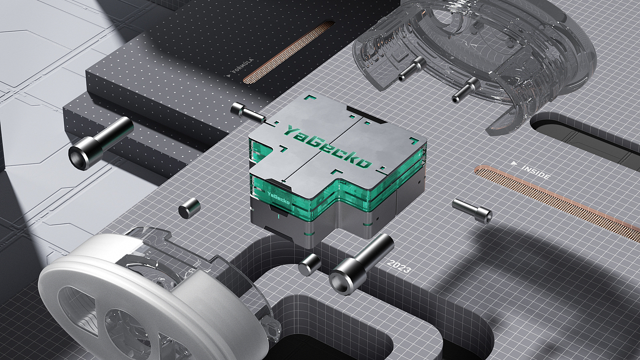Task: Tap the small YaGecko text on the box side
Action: (x=278, y=198)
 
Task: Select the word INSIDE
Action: (x=536, y=171)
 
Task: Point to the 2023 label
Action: (x=399, y=266)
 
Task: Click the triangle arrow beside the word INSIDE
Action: (x=514, y=163)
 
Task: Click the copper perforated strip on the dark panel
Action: (x=288, y=52)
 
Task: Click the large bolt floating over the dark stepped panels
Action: (x=100, y=143)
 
